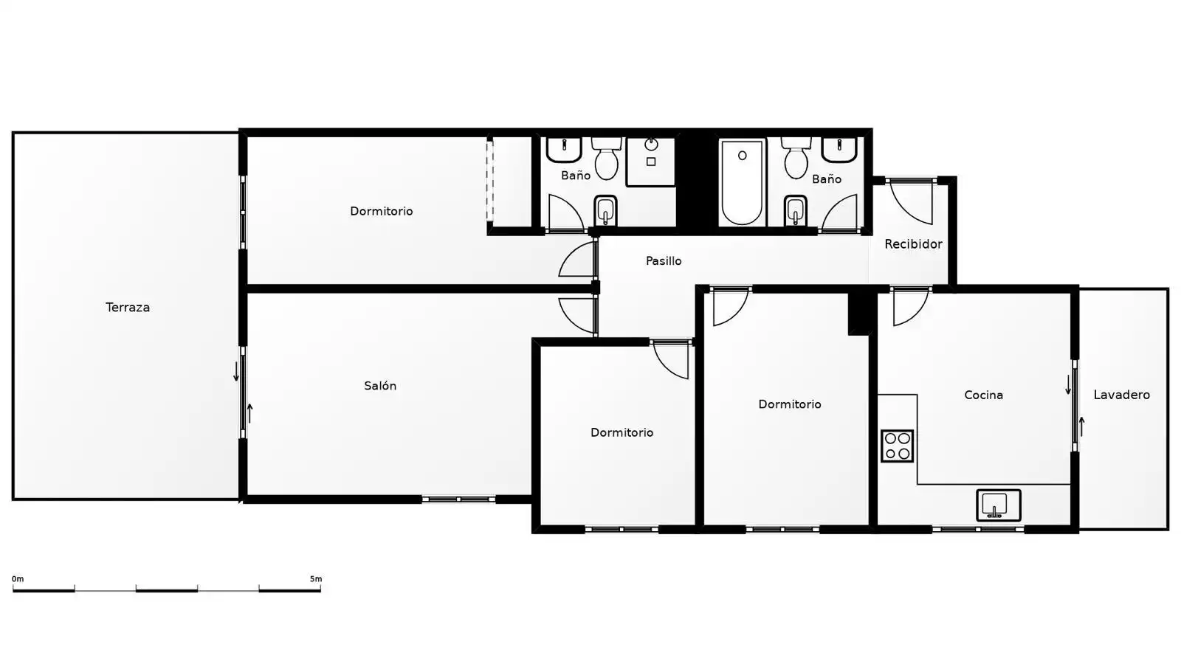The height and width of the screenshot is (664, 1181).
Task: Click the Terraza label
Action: point(128,307)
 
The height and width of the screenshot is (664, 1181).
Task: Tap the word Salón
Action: point(380,386)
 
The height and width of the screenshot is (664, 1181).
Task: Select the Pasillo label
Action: point(664,261)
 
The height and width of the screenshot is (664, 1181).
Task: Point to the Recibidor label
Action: point(913,244)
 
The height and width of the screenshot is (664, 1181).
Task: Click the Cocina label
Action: point(983,395)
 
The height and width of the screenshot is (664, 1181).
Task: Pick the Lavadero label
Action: point(1121,395)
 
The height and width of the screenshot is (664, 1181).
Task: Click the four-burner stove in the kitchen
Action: point(897,446)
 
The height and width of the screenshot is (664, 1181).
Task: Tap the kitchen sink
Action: point(999,505)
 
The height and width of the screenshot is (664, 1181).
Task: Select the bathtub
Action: point(742,182)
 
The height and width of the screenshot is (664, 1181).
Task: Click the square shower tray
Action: point(651,162)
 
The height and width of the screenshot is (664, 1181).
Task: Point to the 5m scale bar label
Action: point(316,578)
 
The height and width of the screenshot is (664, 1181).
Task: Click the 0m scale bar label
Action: point(18,578)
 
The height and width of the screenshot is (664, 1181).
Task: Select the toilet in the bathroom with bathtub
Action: point(796,158)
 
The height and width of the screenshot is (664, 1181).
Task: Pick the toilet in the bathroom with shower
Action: point(606,158)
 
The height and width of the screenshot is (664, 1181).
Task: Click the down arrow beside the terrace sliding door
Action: point(236,371)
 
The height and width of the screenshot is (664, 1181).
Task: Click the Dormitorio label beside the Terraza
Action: point(381,211)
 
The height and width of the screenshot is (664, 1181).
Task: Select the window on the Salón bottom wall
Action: point(458,499)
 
